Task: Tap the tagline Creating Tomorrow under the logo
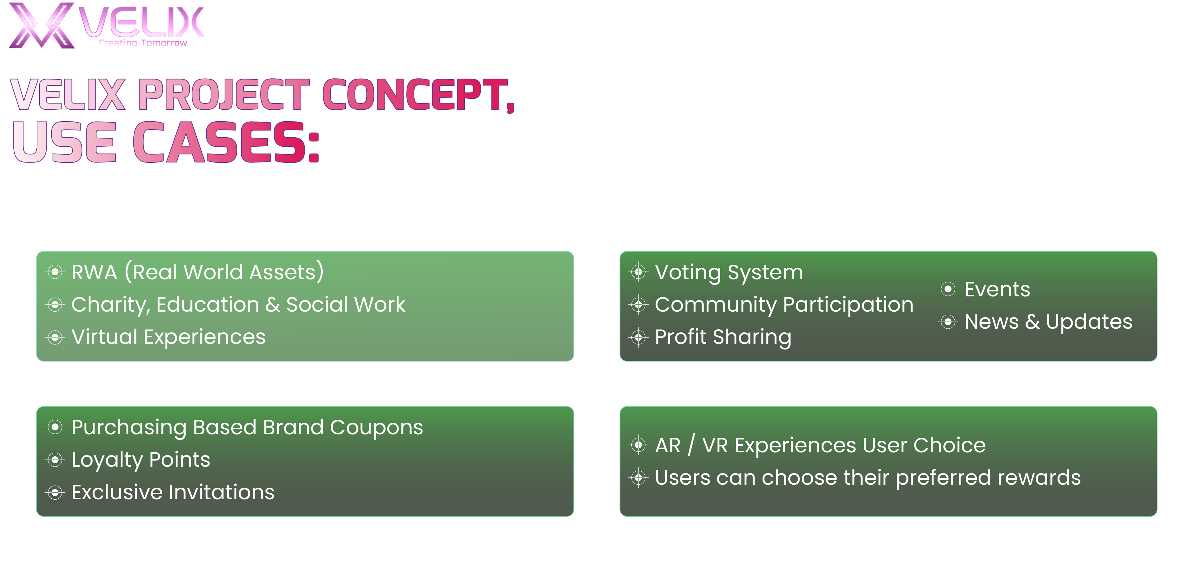143,43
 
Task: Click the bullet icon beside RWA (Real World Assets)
55,272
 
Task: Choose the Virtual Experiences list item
168,337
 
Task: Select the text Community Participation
784,305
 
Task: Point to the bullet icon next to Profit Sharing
639,337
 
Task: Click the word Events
997,290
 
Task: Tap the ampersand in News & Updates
1032,322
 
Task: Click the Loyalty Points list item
141,460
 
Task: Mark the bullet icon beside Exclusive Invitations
55,493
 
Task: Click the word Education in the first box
208,305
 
